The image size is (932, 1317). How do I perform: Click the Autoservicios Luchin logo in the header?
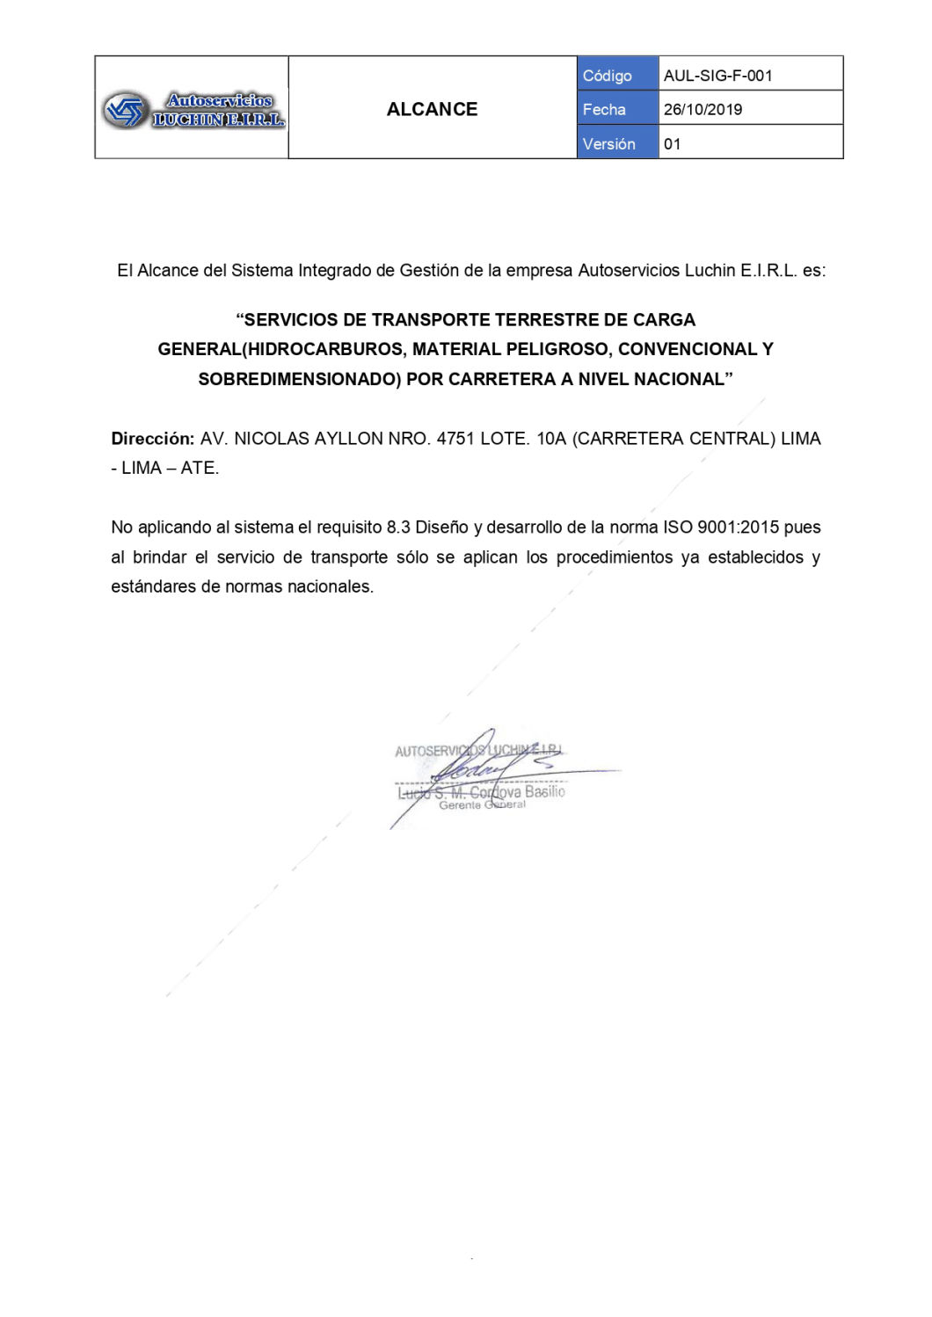(x=193, y=110)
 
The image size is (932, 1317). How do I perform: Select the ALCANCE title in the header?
(x=432, y=109)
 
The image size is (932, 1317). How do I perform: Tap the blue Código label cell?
(x=617, y=76)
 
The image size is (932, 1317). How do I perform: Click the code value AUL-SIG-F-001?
(x=717, y=76)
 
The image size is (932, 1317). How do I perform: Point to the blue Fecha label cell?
(x=617, y=110)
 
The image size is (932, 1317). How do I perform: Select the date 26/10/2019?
(x=703, y=110)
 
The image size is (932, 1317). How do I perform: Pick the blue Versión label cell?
(x=617, y=144)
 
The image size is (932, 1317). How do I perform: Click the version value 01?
(x=673, y=144)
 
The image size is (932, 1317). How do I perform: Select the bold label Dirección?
(x=152, y=439)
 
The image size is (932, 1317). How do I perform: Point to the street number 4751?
(x=455, y=439)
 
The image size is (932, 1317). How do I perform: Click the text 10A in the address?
(x=551, y=439)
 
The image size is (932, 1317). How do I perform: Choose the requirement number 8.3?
(x=398, y=528)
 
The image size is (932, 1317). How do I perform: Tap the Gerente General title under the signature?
(x=482, y=805)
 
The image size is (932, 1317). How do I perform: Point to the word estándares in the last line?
(x=153, y=586)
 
